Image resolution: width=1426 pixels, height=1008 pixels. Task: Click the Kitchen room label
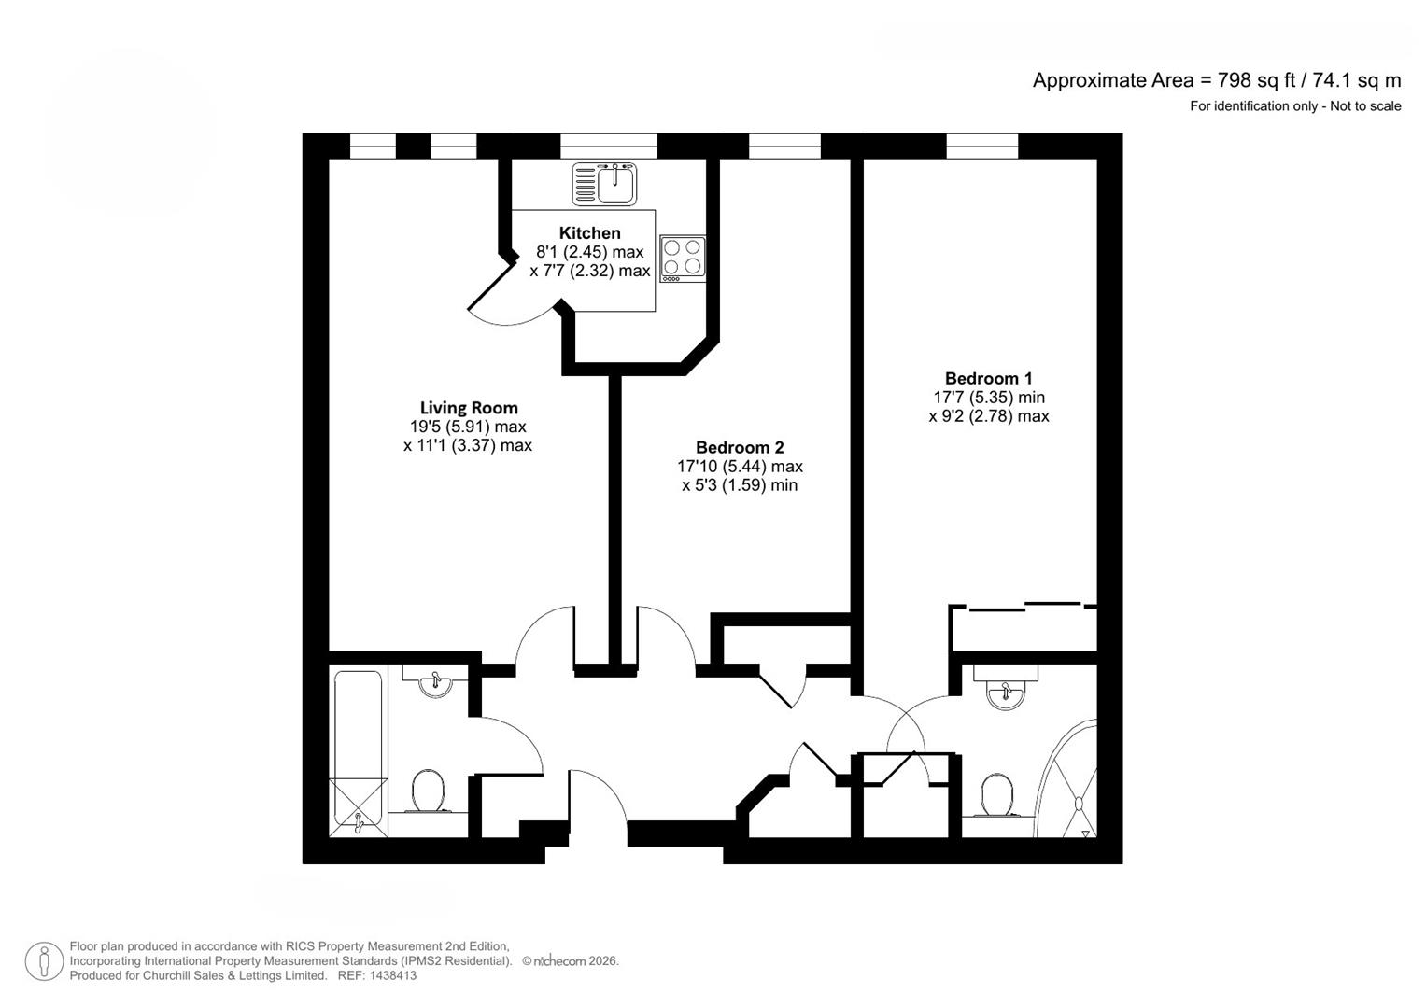click(x=589, y=233)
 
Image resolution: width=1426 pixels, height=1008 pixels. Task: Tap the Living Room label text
click(x=469, y=408)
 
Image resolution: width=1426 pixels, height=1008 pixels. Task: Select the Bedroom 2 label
click(x=740, y=448)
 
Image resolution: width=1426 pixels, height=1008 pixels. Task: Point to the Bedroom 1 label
click(x=988, y=379)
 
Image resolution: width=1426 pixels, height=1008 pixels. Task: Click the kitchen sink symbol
click(x=604, y=183)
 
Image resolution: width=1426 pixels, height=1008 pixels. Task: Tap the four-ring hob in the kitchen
click(x=683, y=259)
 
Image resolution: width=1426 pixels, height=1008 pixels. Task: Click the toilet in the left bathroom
click(x=430, y=791)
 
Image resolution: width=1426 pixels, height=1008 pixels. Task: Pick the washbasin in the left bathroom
click(x=436, y=684)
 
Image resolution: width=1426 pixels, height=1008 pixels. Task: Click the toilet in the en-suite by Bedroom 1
click(x=997, y=795)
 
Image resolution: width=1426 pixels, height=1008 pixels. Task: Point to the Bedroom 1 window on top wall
click(x=981, y=147)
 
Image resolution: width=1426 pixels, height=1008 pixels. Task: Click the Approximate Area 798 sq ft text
click(x=1216, y=80)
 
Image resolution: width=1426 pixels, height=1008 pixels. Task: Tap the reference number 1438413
click(x=392, y=975)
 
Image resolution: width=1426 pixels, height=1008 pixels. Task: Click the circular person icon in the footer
click(x=44, y=961)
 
